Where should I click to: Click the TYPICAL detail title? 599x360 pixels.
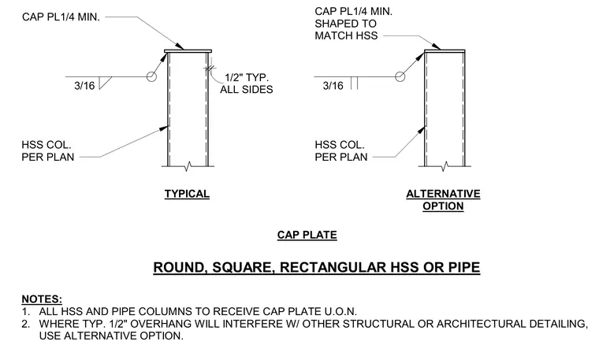(x=187, y=194)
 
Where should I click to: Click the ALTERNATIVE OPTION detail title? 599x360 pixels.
(x=443, y=199)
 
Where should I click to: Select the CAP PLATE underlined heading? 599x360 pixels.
(x=307, y=235)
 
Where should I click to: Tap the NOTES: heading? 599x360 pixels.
(x=42, y=299)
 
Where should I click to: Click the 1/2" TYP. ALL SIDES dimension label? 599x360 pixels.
(x=247, y=84)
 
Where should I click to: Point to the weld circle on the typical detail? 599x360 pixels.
(x=151, y=76)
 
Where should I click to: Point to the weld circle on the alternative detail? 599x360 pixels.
(x=400, y=76)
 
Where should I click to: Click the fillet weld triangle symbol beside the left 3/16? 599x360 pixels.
(x=104, y=83)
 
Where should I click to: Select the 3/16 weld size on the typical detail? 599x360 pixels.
(x=84, y=86)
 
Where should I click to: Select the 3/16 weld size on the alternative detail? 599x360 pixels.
(x=333, y=86)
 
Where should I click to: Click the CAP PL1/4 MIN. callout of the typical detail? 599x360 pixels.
(x=61, y=17)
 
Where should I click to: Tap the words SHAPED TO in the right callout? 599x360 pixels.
(x=346, y=24)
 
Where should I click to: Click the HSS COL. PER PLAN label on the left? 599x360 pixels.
(x=48, y=150)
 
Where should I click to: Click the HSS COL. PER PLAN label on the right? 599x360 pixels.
(x=341, y=150)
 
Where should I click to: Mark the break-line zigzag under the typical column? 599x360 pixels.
(x=188, y=166)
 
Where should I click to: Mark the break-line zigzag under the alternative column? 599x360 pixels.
(x=445, y=166)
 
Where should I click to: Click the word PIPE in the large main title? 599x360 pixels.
(x=464, y=267)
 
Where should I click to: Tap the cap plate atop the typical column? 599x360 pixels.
(x=188, y=51)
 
